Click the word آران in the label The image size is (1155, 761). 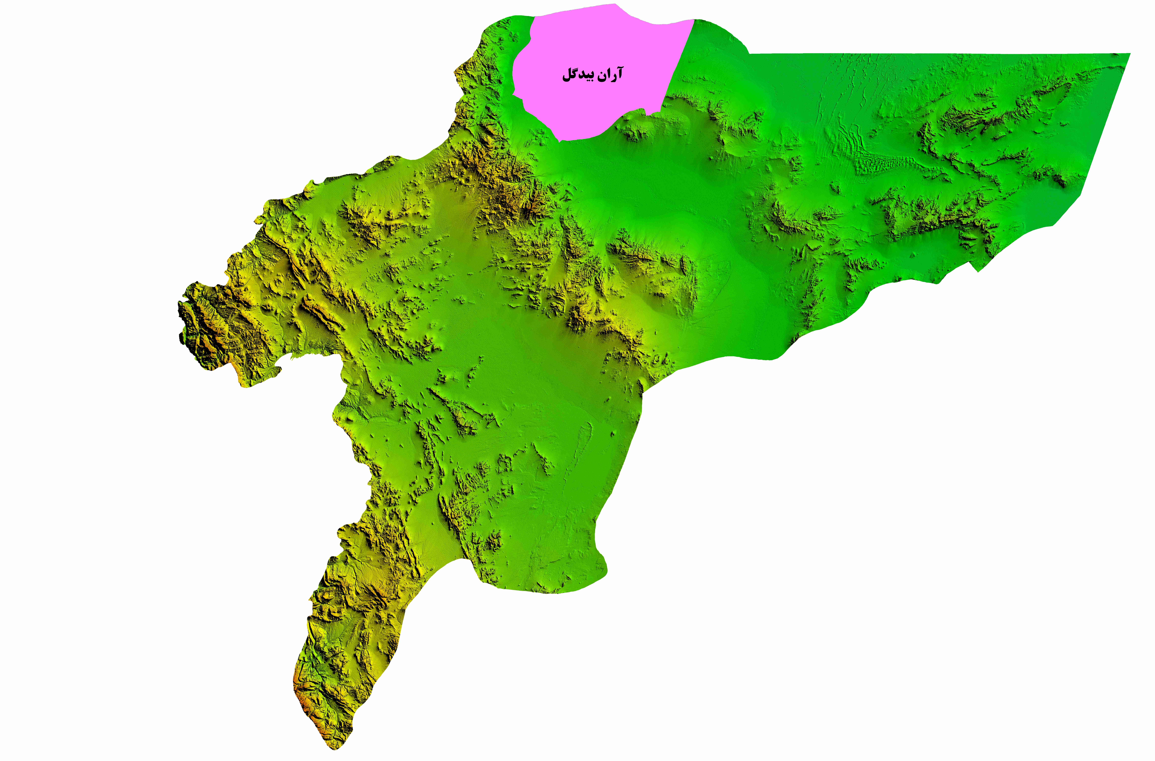pyautogui.click(x=609, y=74)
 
